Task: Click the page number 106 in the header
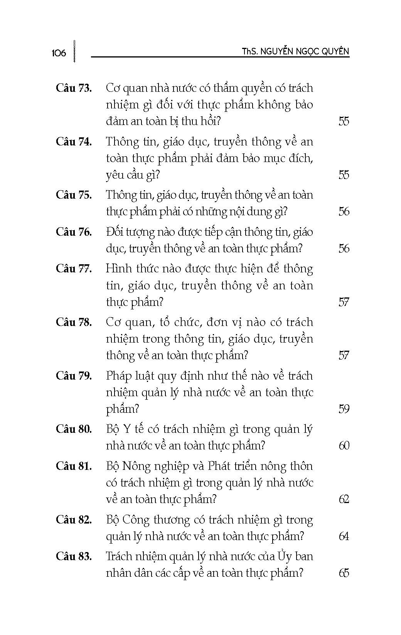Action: point(59,53)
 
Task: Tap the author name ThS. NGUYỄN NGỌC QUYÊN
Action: point(295,51)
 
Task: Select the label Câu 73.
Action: point(74,88)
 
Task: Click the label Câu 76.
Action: point(74,232)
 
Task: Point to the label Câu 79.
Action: point(74,375)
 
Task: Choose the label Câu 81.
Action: point(74,466)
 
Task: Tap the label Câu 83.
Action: point(74,556)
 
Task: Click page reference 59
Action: point(344,409)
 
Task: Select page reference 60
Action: point(344,446)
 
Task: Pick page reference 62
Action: point(344,499)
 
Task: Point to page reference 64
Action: point(344,536)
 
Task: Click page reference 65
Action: point(344,573)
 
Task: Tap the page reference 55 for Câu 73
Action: point(344,121)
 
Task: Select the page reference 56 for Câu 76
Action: point(344,248)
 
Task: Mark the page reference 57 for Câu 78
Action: point(344,355)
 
